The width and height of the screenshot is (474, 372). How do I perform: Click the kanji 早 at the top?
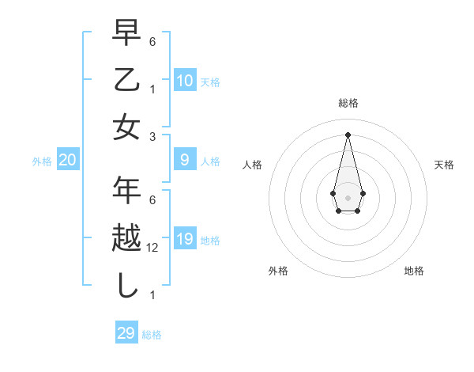127,32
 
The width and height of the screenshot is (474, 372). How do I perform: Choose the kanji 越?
127,239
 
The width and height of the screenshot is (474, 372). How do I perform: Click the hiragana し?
127,286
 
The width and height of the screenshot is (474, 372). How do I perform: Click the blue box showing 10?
185,80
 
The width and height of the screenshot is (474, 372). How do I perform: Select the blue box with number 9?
185,160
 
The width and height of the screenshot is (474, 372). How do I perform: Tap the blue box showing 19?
185,239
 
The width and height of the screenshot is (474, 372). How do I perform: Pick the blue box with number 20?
68,160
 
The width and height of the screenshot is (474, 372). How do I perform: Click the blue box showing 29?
126,333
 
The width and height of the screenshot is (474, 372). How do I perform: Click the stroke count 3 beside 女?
152,136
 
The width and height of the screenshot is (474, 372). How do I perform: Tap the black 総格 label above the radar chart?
348,103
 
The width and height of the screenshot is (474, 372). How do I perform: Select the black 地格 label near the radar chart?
414,271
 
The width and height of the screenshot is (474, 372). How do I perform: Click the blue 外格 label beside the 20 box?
42,161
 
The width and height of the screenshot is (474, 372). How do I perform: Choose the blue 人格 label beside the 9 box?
210,161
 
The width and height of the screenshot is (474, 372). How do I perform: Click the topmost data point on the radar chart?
348,135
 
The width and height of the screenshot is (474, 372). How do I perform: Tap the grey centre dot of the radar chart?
348,197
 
